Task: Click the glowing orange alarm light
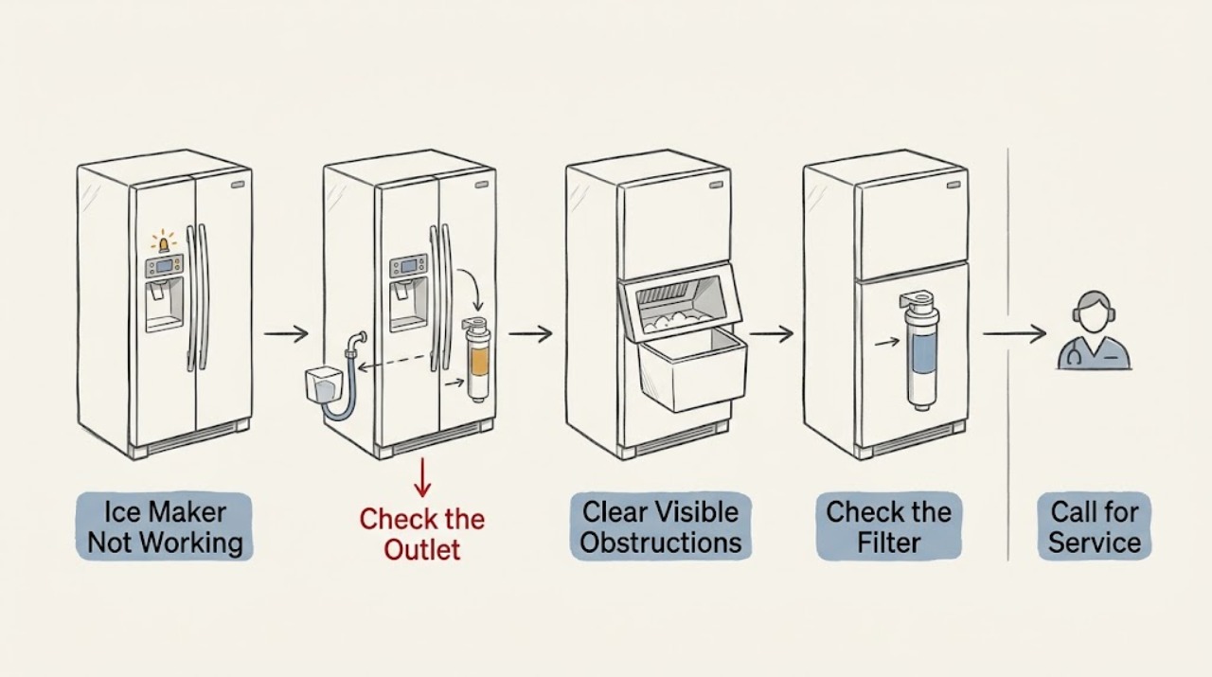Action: pyautogui.click(x=164, y=243)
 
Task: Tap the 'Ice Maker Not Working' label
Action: pyautogui.click(x=165, y=527)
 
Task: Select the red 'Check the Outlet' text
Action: pyautogui.click(x=422, y=534)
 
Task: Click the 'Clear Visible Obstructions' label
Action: pyautogui.click(x=661, y=526)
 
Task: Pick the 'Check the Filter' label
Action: pyautogui.click(x=888, y=526)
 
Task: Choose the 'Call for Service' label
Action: pyautogui.click(x=1094, y=526)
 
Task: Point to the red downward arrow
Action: pyautogui.click(x=422, y=477)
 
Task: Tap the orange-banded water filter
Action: pyautogui.click(x=476, y=360)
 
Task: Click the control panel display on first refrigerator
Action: pyautogui.click(x=165, y=266)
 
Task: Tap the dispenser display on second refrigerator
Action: pyautogui.click(x=408, y=266)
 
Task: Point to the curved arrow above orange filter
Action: pyautogui.click(x=472, y=289)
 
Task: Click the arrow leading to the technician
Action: pyautogui.click(x=1014, y=334)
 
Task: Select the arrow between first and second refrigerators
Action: pyautogui.click(x=286, y=334)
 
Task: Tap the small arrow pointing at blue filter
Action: pyautogui.click(x=887, y=342)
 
